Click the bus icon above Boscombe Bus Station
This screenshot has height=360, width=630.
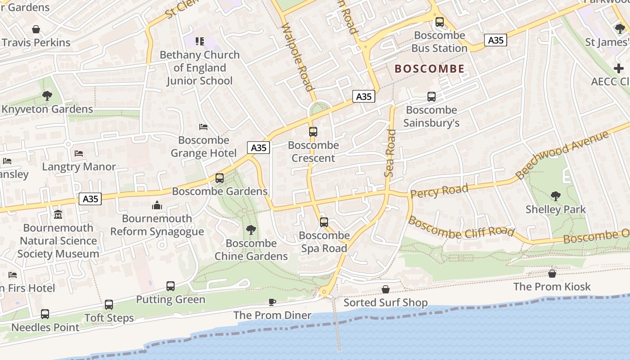tap(440, 22)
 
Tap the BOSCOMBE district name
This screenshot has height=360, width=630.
tap(429, 69)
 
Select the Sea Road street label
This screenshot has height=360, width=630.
tap(390, 153)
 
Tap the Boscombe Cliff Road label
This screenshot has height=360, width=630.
tap(461, 227)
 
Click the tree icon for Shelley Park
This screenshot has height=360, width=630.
tap(556, 196)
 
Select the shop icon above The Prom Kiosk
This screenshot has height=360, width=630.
tap(552, 274)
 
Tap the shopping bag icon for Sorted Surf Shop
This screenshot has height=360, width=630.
tap(386, 289)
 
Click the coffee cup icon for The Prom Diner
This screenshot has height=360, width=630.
tap(272, 302)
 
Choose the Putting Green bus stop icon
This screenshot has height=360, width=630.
tap(171, 286)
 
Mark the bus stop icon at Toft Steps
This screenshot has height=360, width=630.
tap(109, 305)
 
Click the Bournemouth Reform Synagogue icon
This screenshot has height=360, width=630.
tap(157, 205)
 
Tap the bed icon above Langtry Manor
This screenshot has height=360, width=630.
tap(79, 153)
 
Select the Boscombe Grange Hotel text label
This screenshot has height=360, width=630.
tap(203, 147)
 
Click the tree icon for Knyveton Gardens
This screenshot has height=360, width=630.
tap(47, 96)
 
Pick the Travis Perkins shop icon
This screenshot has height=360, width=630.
tap(36, 30)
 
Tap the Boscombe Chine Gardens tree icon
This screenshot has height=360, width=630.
tap(251, 230)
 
